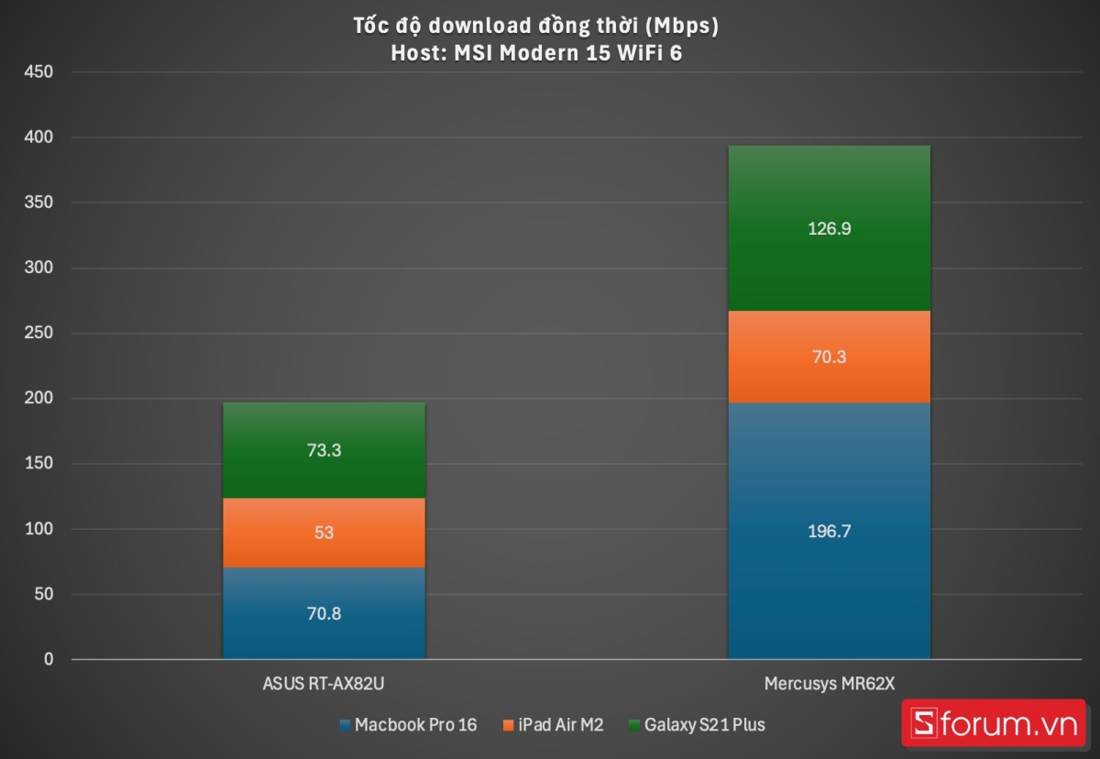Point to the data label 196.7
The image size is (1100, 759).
(x=829, y=532)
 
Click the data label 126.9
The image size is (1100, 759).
(x=829, y=229)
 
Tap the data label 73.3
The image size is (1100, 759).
(x=324, y=451)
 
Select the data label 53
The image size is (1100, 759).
(x=324, y=533)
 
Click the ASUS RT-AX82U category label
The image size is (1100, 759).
(x=324, y=684)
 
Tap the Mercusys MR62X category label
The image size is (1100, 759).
(x=829, y=684)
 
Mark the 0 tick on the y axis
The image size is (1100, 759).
(x=48, y=660)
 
